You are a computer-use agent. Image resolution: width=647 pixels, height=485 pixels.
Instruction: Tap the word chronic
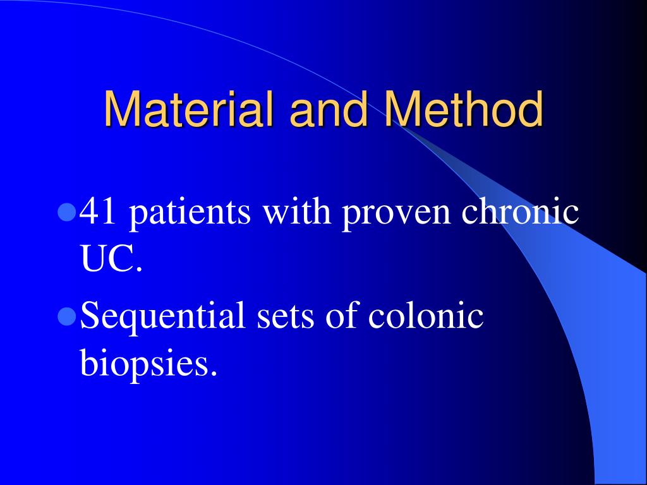[520, 212]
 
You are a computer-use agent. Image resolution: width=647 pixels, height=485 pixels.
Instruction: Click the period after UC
[139, 269]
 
